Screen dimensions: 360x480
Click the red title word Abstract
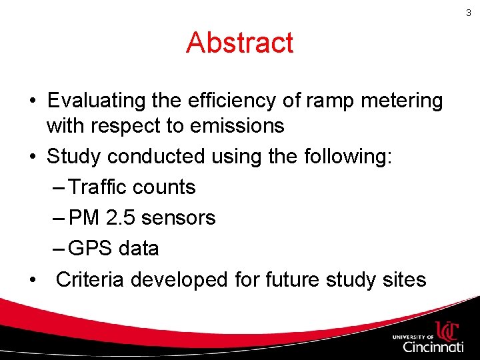coord(239,43)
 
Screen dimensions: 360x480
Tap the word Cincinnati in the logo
coord(433,347)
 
